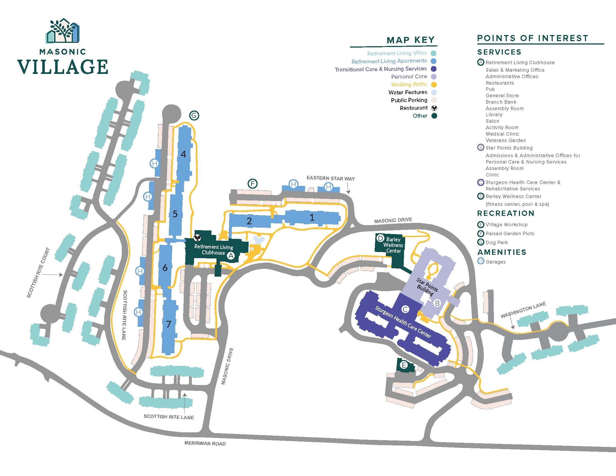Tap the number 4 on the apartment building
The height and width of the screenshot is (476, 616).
[x=183, y=154]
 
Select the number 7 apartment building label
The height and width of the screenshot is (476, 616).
[x=168, y=324]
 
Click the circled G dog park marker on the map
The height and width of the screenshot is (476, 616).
[x=194, y=115]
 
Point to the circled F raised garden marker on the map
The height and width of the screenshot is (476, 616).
[x=253, y=184]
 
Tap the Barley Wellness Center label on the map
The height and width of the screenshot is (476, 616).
[x=393, y=245]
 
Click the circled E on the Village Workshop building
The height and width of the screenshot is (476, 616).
[x=403, y=365]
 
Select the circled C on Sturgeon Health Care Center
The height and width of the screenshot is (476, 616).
[x=405, y=309]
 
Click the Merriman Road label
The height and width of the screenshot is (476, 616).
[x=205, y=443]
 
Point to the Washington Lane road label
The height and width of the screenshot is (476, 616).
[x=523, y=310]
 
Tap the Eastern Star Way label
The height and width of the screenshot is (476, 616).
[x=331, y=178]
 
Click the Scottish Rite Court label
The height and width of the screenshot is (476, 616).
[x=38, y=273]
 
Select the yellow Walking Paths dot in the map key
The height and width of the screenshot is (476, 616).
[x=434, y=84]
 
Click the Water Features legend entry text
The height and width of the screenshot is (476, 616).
[x=408, y=92]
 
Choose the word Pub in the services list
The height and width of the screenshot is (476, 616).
[x=490, y=89]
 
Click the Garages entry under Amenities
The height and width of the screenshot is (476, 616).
[x=496, y=262]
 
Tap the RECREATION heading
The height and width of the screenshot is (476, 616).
[x=506, y=213]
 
